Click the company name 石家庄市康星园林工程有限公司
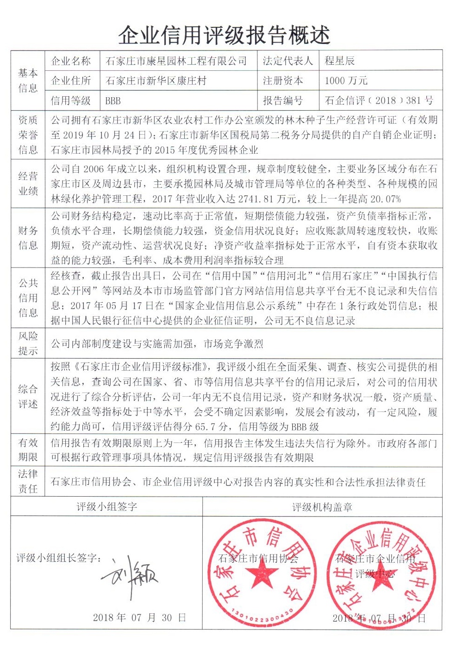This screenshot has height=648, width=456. pyautogui.click(x=176, y=61)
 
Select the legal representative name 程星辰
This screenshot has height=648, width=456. pyautogui.click(x=339, y=61)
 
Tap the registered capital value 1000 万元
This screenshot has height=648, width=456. pyautogui.click(x=346, y=81)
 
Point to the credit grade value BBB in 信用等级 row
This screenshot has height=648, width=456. pyautogui.click(x=113, y=100)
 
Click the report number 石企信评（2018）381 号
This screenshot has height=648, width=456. pyautogui.click(x=379, y=100)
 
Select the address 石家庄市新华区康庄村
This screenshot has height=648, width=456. pyautogui.click(x=156, y=81)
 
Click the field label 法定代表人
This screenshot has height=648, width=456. pyautogui.click(x=287, y=61)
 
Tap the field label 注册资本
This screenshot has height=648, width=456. pyautogui.click(x=283, y=81)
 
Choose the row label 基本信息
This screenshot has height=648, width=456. pyautogui.click(x=28, y=81)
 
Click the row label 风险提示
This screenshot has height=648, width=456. pyautogui.click(x=28, y=343)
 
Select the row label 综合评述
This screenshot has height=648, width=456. pyautogui.click(x=28, y=396)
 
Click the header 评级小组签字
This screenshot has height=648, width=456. pyautogui.click(x=106, y=507)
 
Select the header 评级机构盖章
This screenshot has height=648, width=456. pyautogui.click(x=322, y=507)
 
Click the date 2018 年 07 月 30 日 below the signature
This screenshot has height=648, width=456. pyautogui.click(x=139, y=617)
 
